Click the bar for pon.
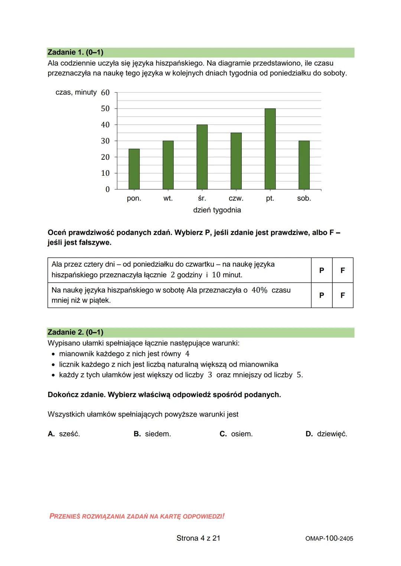point(134,169)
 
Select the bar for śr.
point(202,157)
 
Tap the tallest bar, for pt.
point(270,149)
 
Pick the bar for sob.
point(304,165)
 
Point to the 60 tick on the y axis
point(105,93)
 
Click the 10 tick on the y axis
point(105,173)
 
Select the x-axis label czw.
point(236,198)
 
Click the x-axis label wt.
point(168,198)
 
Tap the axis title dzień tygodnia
point(217,210)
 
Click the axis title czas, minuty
point(76,92)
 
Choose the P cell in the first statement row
point(322,270)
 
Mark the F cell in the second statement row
point(342,295)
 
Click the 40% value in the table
point(259,290)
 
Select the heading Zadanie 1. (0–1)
point(75,53)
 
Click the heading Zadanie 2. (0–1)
point(75,332)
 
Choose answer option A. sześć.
point(64,434)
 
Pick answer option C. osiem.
point(236,434)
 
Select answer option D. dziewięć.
point(326,434)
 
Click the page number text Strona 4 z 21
point(198,538)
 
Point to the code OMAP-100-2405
point(326,539)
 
